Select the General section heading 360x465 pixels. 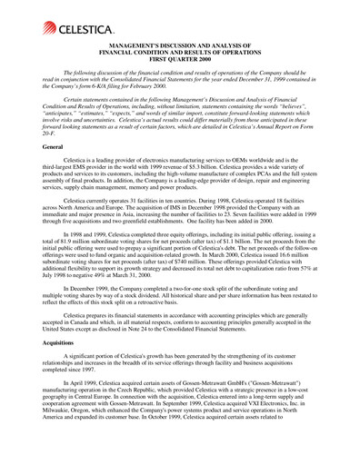click(42, 171)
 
